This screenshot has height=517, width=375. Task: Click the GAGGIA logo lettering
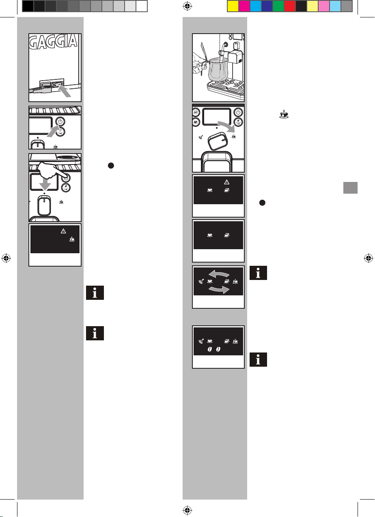54,42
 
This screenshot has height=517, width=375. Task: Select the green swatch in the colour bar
278,6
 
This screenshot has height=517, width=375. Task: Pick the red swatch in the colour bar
290,6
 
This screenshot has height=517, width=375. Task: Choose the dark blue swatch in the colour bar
267,6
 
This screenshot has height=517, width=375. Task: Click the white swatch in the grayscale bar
142,6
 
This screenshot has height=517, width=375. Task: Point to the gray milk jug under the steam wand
218,69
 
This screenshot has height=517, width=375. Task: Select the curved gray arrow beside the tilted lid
227,126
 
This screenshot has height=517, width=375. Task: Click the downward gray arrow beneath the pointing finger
45,184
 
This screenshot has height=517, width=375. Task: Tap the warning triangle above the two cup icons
226,182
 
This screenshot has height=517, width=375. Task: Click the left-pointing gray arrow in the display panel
219,274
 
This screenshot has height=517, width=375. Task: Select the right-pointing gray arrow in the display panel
219,289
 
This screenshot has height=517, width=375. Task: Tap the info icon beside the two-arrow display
258,273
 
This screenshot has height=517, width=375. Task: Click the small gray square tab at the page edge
350,188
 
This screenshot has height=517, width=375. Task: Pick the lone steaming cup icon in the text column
284,114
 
